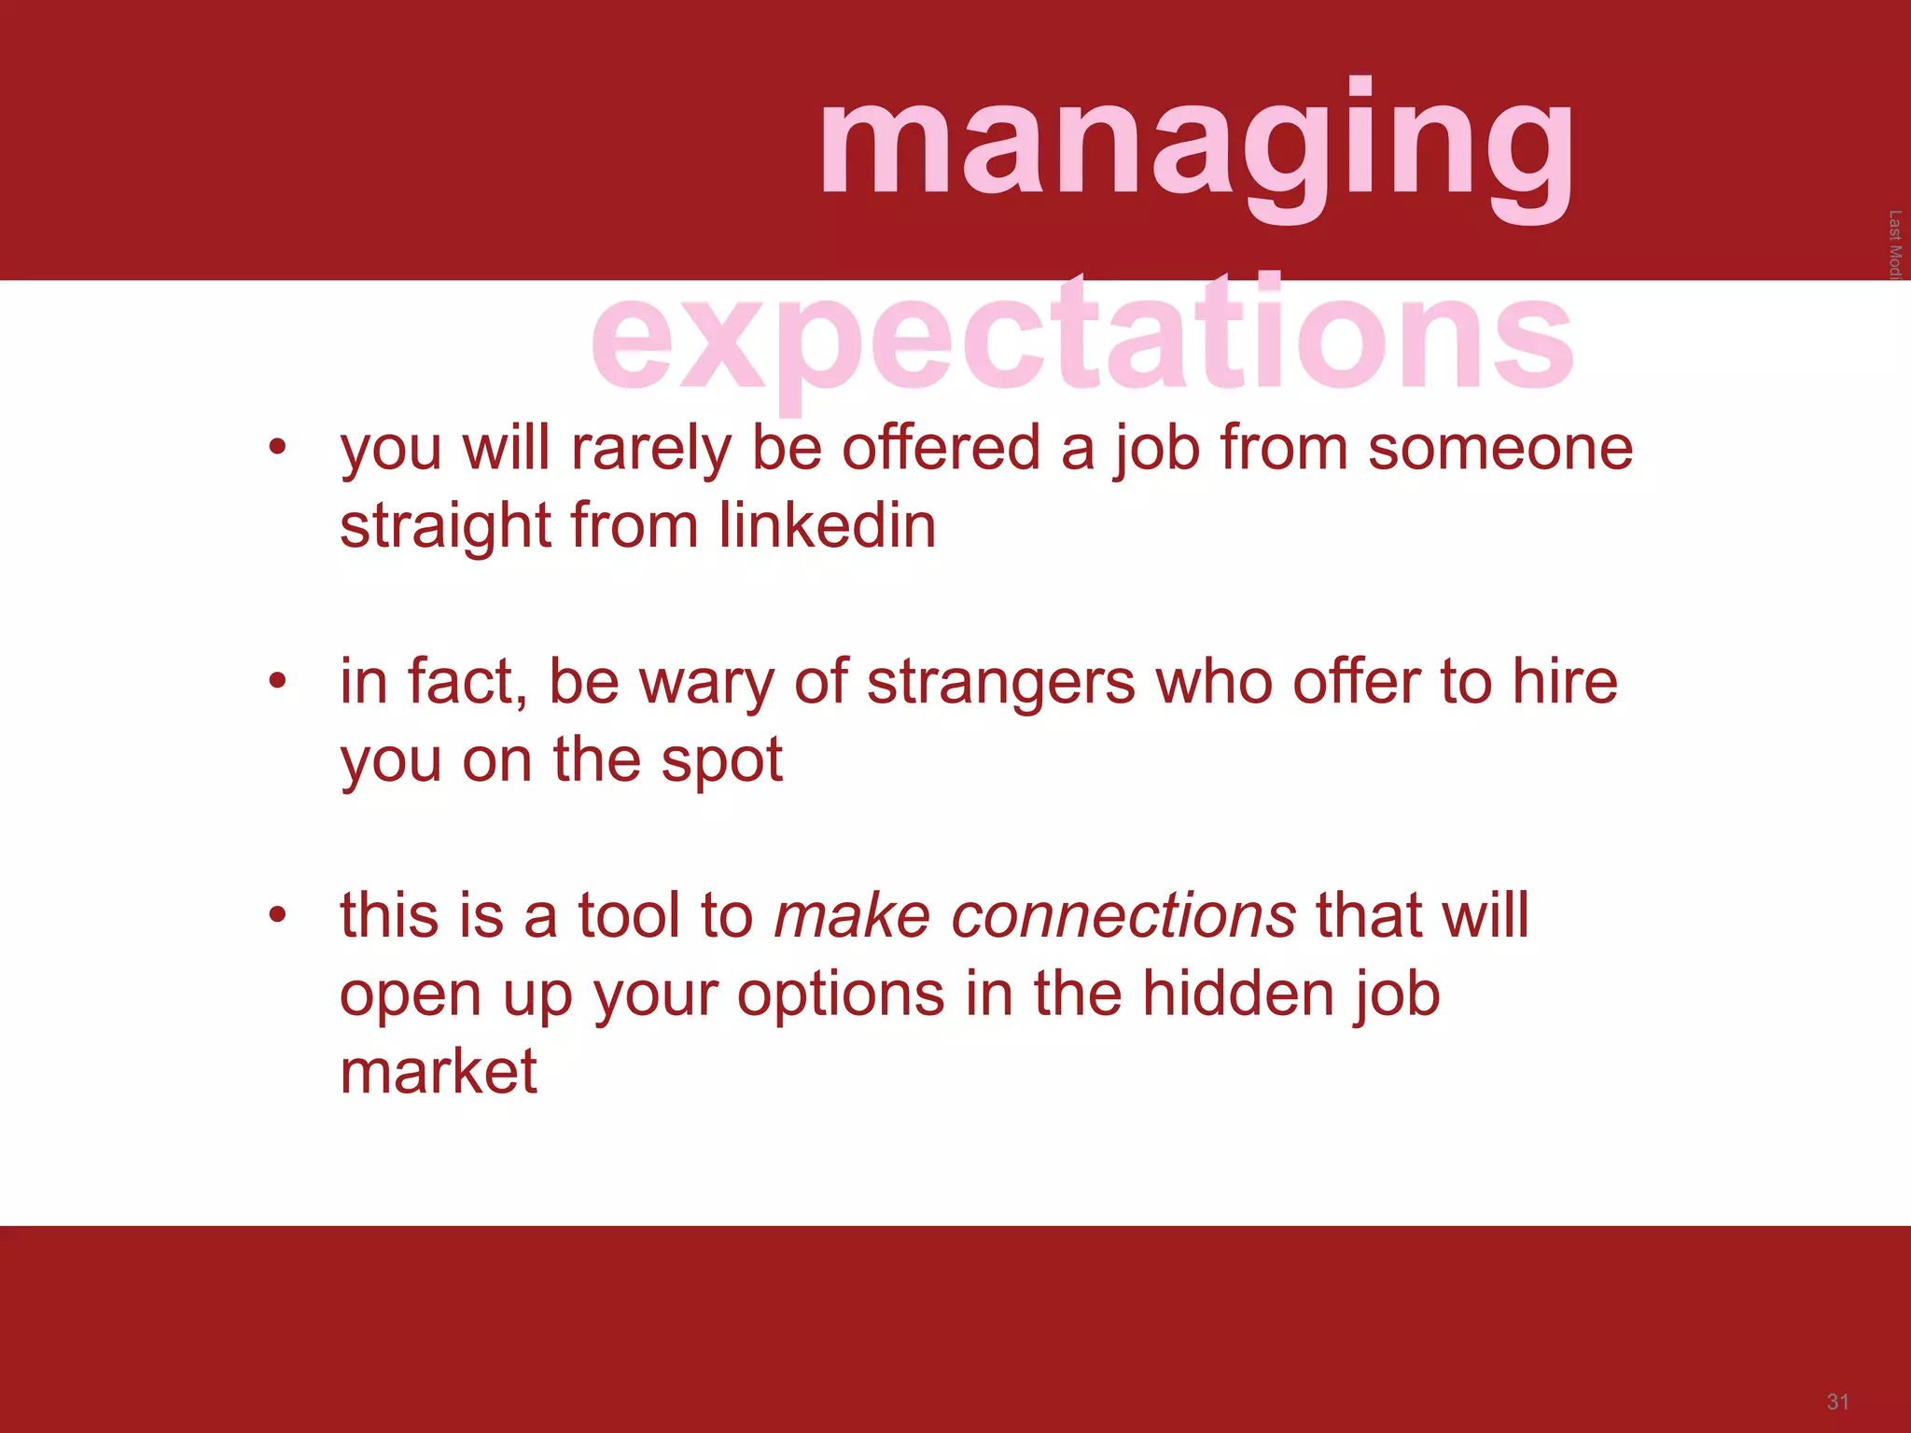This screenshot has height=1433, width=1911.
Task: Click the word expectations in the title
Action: tap(1082, 336)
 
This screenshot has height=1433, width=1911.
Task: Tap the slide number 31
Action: tap(1837, 1402)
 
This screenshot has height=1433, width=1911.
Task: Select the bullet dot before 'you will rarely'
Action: tap(276, 448)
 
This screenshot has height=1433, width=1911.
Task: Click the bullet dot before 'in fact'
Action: tap(276, 681)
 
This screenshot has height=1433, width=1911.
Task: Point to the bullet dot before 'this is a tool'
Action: tap(276, 914)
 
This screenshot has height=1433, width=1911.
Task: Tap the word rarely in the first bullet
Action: tap(650, 450)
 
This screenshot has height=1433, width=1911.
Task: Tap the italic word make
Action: tap(852, 914)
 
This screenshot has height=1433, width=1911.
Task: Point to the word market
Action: tap(438, 1071)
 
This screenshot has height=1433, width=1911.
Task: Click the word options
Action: tap(841, 995)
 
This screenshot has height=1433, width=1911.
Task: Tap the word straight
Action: tap(445, 527)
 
